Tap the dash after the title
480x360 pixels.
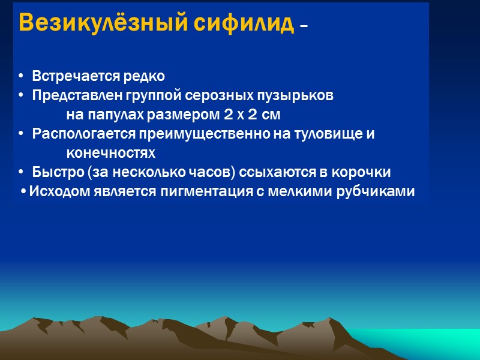(304, 27)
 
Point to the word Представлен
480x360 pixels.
(77, 96)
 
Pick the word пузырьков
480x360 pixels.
(305, 96)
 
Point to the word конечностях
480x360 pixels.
(110, 153)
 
